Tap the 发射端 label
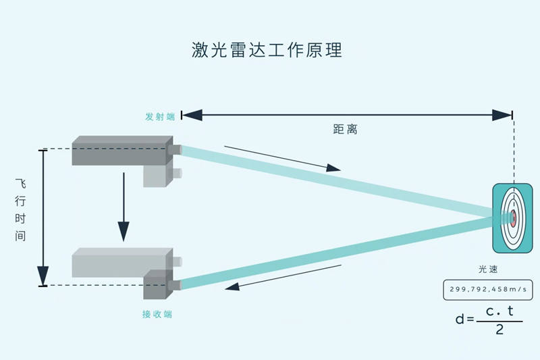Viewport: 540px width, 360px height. [160, 116]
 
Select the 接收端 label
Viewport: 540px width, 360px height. [157, 314]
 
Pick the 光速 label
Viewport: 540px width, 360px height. [488, 269]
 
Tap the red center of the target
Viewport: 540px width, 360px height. [513, 217]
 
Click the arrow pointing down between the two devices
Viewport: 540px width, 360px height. [123, 206]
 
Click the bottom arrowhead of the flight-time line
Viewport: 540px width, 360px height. [43, 276]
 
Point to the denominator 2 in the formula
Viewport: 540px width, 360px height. [499, 330]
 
